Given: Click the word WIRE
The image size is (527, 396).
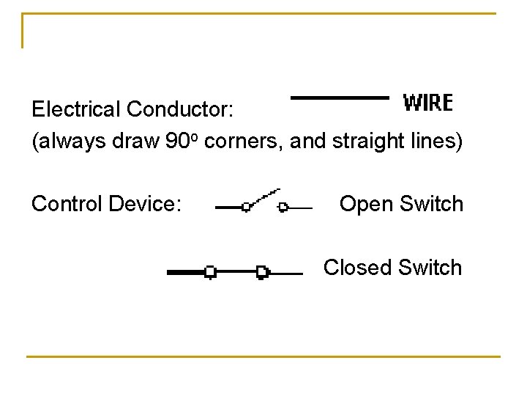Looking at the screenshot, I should click(x=428, y=103).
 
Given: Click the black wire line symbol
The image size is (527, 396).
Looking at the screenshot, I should click(x=340, y=98).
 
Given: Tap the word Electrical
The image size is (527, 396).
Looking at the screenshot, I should click(x=76, y=109).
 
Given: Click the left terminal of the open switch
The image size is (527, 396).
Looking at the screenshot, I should click(x=246, y=208).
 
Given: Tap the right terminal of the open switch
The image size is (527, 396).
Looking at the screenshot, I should click(x=283, y=208).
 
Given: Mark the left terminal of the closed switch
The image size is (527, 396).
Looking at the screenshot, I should click(x=210, y=272).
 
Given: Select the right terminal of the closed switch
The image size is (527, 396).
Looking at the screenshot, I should click(x=261, y=272).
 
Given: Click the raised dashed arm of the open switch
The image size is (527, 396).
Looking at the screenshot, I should click(x=265, y=197).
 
